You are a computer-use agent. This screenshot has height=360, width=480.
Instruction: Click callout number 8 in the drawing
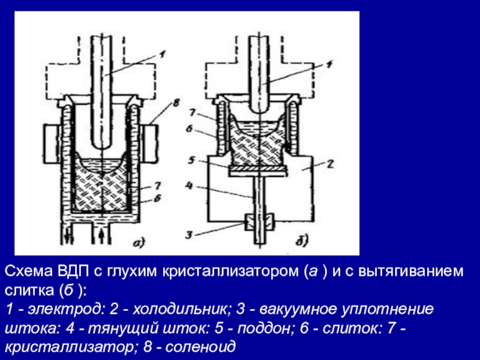click(x=175, y=104)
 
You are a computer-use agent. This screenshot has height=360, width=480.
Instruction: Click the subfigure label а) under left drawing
click(x=137, y=242)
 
